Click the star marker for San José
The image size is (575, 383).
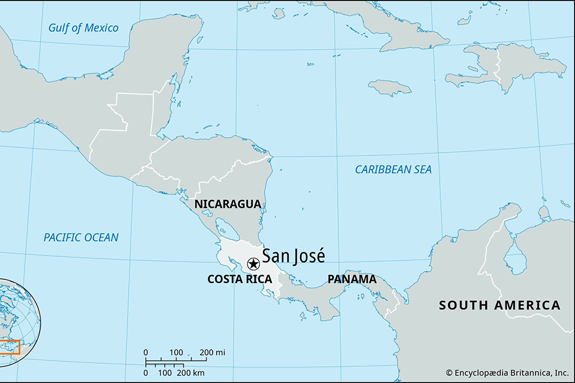click(253, 263)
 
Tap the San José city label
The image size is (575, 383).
click(293, 256)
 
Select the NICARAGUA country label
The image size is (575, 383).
click(228, 204)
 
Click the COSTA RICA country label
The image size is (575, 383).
click(240, 279)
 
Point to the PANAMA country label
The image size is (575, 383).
click(352, 279)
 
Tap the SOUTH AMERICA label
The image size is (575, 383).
click(500, 305)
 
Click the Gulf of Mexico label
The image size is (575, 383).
click(84, 28)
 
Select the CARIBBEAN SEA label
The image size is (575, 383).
click(393, 169)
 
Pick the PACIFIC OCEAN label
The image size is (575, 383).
click(81, 238)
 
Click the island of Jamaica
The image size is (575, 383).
click(389, 87)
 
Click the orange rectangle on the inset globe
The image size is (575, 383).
click(10, 347)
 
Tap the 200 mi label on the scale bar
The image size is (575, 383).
click(212, 352)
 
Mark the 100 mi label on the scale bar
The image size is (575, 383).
click(176, 352)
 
